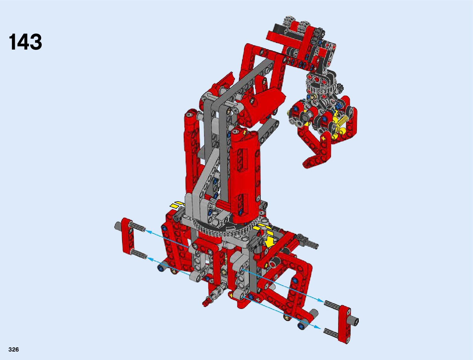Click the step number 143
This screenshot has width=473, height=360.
(25, 42)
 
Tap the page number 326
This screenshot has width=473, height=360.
(14, 349)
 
